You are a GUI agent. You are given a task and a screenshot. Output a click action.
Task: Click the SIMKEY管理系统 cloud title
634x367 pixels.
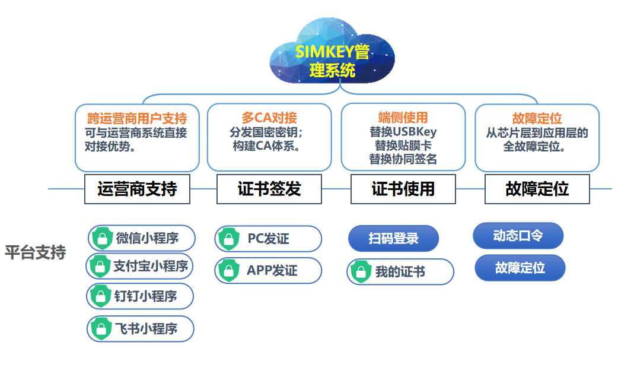(x=332, y=61)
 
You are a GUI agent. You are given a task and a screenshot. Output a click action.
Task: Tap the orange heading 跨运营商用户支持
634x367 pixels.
(x=137, y=118)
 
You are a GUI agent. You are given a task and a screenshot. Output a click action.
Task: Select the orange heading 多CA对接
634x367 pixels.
(x=269, y=117)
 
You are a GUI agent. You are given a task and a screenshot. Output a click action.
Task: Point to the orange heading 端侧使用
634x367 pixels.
(x=403, y=118)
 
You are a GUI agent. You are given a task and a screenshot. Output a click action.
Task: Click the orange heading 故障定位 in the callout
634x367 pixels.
(x=537, y=118)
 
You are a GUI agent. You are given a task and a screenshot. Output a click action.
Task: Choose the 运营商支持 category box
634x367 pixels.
(x=137, y=189)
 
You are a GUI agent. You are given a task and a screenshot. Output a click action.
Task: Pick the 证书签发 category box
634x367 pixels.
(x=269, y=189)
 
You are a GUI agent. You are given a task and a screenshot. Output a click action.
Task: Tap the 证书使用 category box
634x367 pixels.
(x=403, y=189)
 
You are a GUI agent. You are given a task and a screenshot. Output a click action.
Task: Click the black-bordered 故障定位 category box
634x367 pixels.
(x=537, y=189)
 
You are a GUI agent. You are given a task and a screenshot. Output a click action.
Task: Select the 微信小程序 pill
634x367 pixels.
(x=142, y=238)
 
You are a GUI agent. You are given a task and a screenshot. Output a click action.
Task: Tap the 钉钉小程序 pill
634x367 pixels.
(x=141, y=296)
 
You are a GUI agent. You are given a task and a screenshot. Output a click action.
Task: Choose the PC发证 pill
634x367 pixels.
(x=268, y=239)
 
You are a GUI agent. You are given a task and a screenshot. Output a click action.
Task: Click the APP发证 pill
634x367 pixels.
(x=268, y=271)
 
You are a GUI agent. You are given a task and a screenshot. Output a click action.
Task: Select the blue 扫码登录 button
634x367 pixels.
(x=393, y=239)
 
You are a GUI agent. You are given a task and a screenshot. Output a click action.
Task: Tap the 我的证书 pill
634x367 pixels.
(x=400, y=272)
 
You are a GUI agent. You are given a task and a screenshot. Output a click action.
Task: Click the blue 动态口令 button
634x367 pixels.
(x=518, y=236)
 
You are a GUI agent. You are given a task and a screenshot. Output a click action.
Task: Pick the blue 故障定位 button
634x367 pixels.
(x=520, y=268)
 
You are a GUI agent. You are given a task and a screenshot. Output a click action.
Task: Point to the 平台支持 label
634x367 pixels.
(x=36, y=252)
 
